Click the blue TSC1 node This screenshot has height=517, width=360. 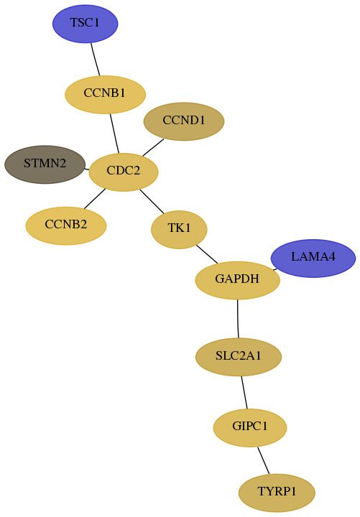click(x=85, y=24)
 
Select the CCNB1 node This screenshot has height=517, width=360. click(x=105, y=95)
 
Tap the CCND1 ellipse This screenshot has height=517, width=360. click(x=184, y=121)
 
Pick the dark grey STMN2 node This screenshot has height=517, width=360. click(x=45, y=164)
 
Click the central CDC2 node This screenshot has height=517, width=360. click(x=124, y=172)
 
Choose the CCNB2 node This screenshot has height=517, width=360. click(x=66, y=226)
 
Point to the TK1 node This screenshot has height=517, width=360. click(x=179, y=230)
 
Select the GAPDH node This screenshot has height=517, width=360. click(x=238, y=280)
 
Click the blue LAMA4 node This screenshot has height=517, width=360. click(x=313, y=258)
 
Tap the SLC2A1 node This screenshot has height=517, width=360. click(x=239, y=357)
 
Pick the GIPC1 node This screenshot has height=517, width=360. click(x=250, y=428)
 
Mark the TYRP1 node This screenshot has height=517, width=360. click(x=277, y=493)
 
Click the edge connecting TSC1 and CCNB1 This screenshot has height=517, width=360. click(x=96, y=60)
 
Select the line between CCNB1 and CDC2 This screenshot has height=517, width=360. click(x=114, y=134)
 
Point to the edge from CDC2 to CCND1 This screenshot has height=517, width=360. click(x=153, y=147)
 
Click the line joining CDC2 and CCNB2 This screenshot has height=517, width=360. click(x=95, y=199)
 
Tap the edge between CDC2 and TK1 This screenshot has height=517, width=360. click(x=152, y=201)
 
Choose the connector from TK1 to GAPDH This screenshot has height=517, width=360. click(x=207, y=254)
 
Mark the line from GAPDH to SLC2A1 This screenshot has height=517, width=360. click(x=238, y=319)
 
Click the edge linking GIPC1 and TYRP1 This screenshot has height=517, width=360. click(x=263, y=460)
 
